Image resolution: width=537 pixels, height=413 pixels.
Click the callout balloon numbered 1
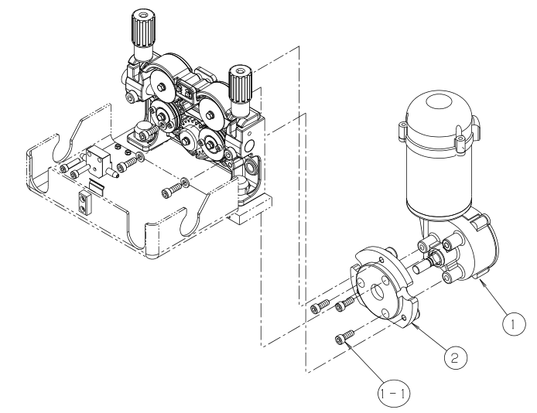pos(514,324)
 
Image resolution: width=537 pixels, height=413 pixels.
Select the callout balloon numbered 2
pos(456,358)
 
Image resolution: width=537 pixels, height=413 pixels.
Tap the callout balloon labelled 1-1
pos(394,394)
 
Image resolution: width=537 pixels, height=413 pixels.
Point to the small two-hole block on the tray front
pos(84,202)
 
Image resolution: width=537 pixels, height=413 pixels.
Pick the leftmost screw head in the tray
pos(65,169)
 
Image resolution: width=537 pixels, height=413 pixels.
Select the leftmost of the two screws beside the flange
pos(320,306)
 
